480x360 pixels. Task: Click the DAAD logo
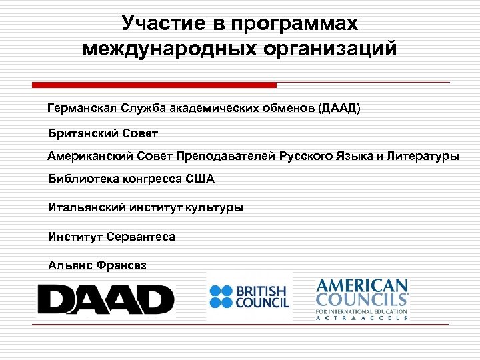[105, 299]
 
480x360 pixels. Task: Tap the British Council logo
[249, 297]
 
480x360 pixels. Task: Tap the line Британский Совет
[103, 133]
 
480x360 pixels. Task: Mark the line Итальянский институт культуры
[146, 207]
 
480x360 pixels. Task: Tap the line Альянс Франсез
[97, 265]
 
